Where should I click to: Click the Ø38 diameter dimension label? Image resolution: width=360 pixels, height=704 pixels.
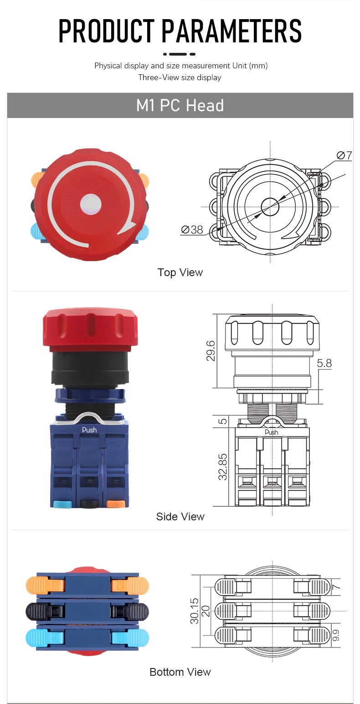tap(192, 230)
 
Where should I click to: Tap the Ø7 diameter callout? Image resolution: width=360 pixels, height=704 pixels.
tap(344, 155)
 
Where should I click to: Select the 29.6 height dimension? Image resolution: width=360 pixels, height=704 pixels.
tap(211, 351)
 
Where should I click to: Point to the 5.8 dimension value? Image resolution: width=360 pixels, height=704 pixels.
tap(324, 363)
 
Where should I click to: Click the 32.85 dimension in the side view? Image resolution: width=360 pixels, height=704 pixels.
tap(222, 467)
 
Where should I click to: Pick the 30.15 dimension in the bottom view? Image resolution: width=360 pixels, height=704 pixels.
tap(194, 611)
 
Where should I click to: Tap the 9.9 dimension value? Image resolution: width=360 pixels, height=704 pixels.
tap(336, 635)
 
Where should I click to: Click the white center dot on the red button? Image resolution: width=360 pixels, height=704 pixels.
tap(91, 204)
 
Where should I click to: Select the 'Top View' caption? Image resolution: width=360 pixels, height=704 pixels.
tap(180, 272)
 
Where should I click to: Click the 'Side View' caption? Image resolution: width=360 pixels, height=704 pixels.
tap(180, 517)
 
